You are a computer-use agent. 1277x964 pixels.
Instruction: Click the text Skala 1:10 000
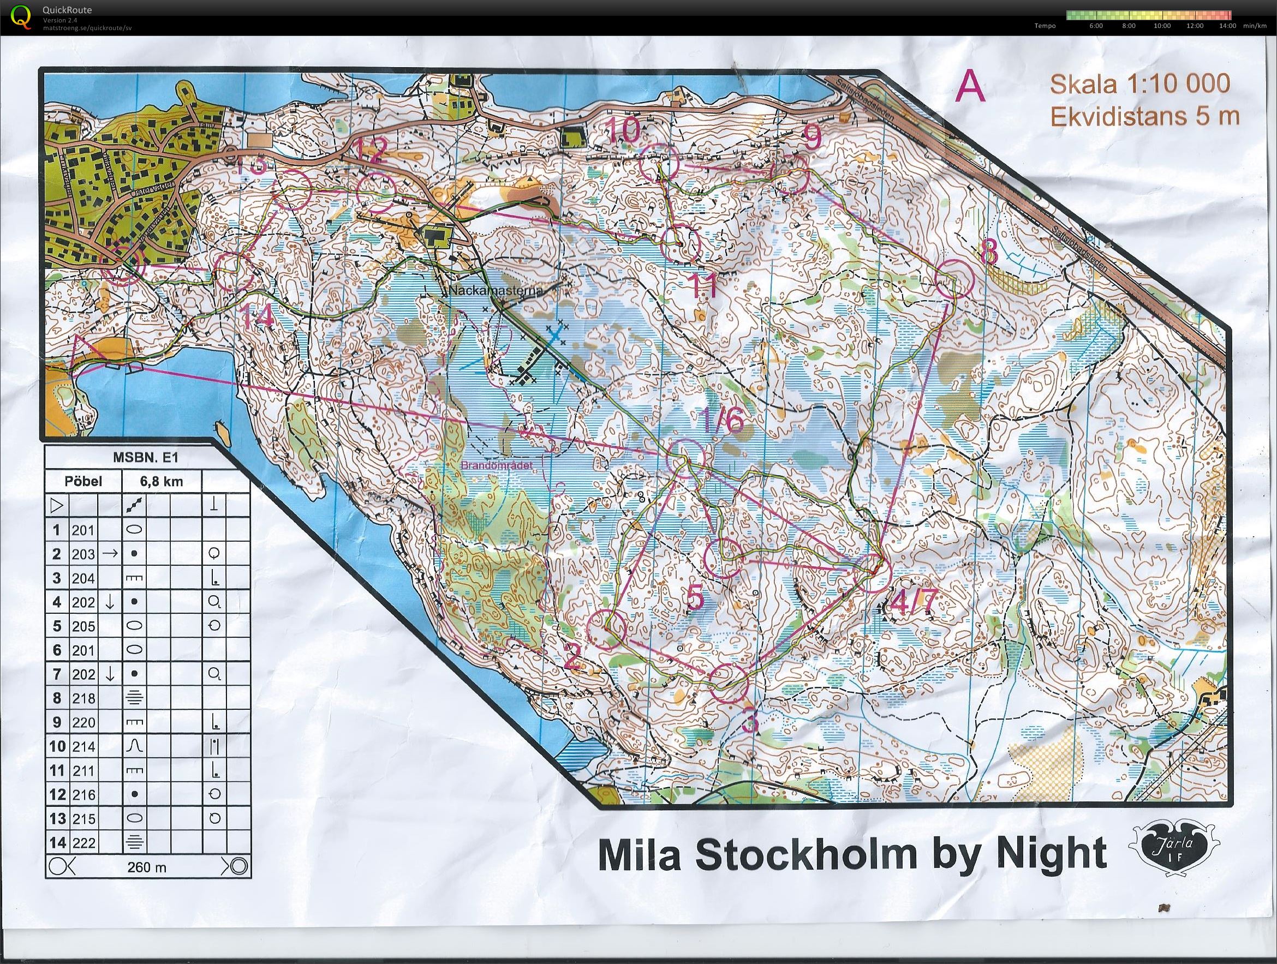coord(1139,84)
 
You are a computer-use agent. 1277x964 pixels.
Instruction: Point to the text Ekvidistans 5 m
coord(1142,117)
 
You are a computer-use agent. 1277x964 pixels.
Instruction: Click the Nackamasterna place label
coord(496,291)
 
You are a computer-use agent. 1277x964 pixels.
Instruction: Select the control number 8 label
coord(988,251)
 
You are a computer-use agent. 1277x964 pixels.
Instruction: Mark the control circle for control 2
coord(606,630)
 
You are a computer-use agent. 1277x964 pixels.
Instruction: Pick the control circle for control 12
coord(376,191)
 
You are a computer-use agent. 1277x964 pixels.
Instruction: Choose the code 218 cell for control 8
coord(83,698)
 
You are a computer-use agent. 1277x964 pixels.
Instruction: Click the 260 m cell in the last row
coord(147,866)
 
